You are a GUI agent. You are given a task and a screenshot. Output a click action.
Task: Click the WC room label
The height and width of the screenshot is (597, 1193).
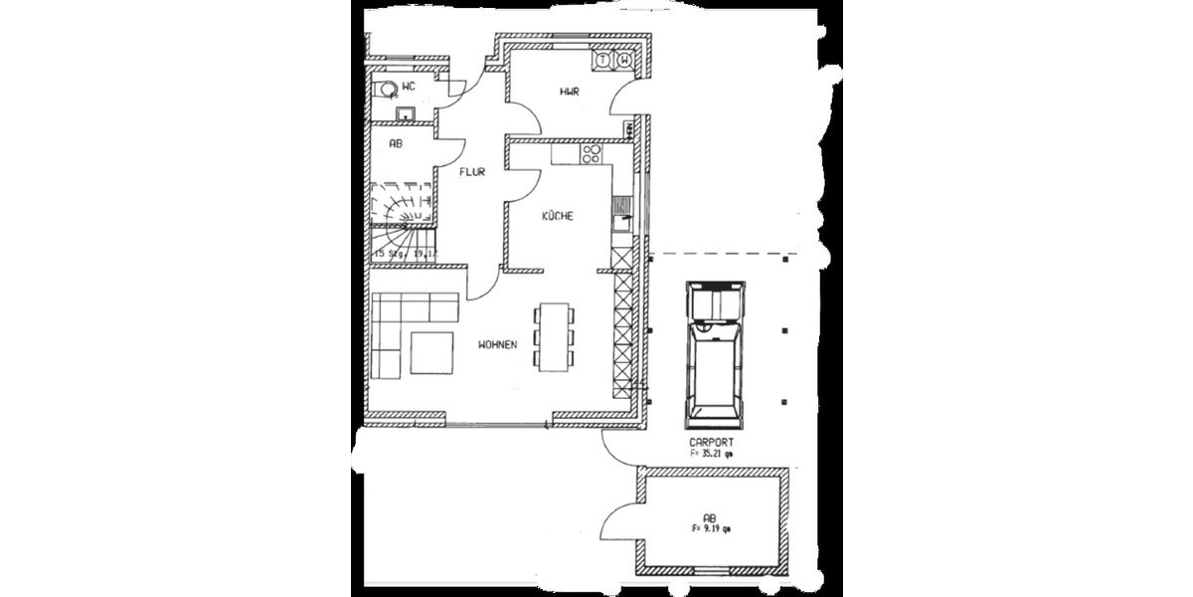pyautogui.click(x=409, y=88)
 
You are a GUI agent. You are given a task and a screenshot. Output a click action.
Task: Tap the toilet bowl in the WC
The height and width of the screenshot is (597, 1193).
pyautogui.click(x=384, y=90)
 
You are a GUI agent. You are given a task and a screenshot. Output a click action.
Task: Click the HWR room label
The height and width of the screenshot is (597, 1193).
pyautogui.click(x=570, y=92)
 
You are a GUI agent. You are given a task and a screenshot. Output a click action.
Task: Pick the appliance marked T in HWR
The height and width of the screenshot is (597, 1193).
pyautogui.click(x=601, y=61)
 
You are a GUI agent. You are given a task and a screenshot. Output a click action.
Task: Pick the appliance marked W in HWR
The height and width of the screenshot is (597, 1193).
pyautogui.click(x=623, y=61)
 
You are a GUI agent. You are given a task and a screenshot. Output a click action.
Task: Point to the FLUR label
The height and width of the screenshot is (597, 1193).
pyautogui.click(x=471, y=172)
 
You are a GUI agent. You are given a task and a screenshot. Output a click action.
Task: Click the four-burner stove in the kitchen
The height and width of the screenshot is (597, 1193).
pyautogui.click(x=591, y=153)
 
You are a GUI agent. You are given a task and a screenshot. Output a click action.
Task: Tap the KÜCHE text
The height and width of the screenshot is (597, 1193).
pyautogui.click(x=558, y=216)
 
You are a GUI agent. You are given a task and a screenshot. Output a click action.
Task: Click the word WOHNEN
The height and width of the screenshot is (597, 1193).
pyautogui.click(x=497, y=345)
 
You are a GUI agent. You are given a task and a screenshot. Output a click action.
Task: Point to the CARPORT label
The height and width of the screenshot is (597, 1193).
pyautogui.click(x=712, y=442)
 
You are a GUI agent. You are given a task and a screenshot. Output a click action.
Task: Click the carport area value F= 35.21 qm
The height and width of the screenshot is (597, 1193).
pyautogui.click(x=712, y=453)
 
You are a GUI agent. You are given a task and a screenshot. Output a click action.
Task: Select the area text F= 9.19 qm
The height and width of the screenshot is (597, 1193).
pyautogui.click(x=710, y=529)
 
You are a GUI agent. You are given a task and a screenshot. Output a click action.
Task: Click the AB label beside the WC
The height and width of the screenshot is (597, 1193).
pyautogui.click(x=395, y=143)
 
